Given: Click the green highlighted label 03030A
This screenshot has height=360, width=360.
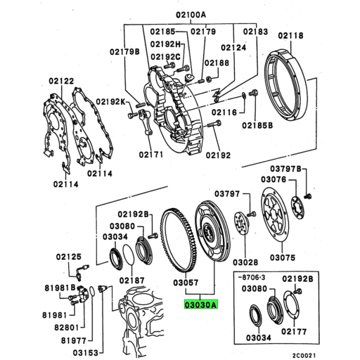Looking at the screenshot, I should [x=200, y=306].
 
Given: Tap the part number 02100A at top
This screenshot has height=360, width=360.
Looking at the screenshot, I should [x=172, y=15].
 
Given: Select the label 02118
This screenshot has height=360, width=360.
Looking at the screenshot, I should [x=291, y=35].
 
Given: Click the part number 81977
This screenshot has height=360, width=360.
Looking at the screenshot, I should [x=63, y=340].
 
